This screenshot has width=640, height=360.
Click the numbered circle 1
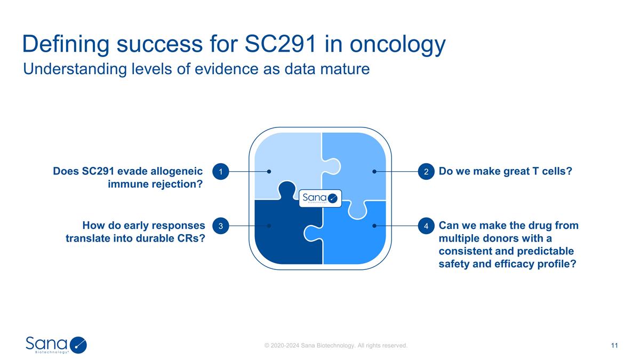220,172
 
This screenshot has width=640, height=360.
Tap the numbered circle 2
426,172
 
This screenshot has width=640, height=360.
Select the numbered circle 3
220,226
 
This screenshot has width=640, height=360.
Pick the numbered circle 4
426,226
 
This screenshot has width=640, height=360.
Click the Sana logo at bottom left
56,345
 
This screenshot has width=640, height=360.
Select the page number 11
614,346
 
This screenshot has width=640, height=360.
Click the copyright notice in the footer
336,346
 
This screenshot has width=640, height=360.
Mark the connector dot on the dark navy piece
269,226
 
